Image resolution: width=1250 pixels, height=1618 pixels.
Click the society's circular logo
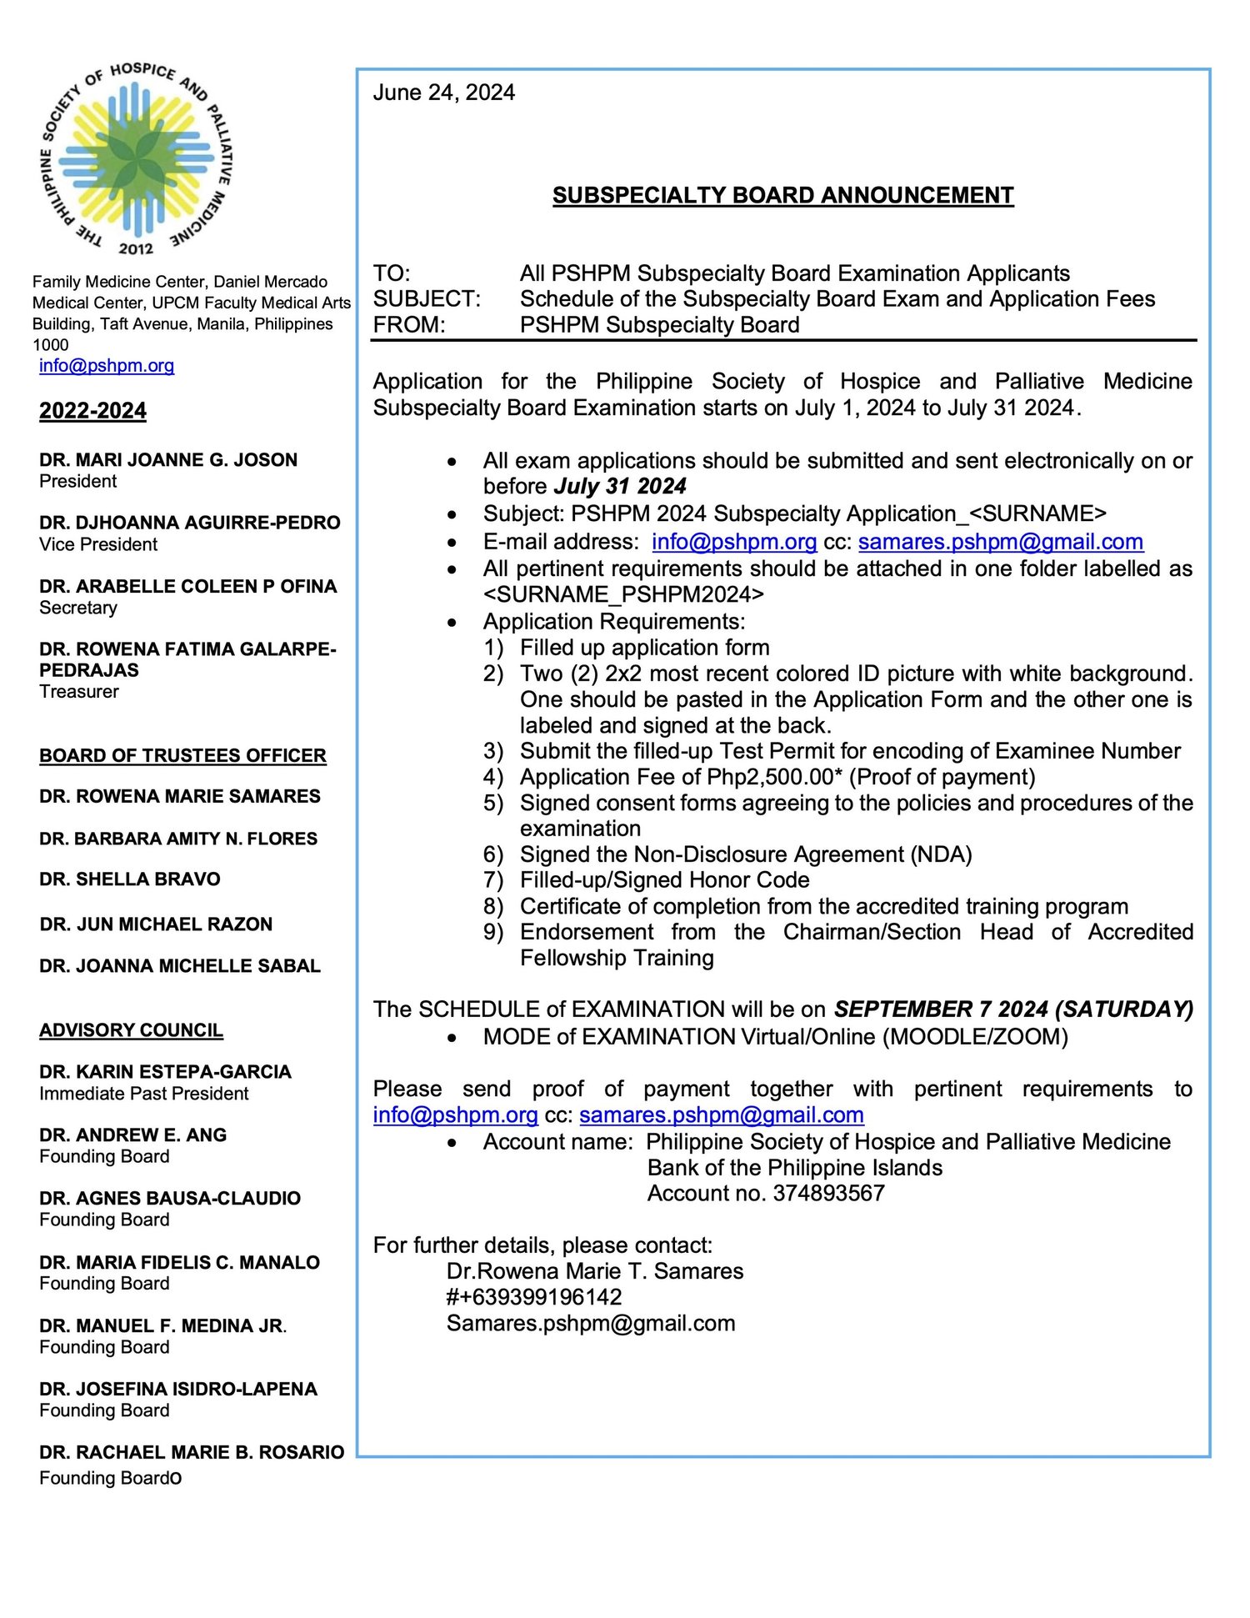[x=137, y=157]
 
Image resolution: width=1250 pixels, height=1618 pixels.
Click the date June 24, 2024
[x=443, y=93]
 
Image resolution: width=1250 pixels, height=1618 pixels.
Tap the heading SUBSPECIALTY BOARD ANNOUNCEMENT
[x=782, y=195]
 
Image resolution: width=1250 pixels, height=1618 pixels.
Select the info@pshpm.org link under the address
[x=107, y=365]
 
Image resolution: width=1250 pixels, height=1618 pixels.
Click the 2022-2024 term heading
[x=92, y=411]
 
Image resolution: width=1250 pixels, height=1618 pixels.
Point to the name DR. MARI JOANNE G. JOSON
[x=168, y=460]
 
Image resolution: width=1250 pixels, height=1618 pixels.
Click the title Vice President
[x=98, y=544]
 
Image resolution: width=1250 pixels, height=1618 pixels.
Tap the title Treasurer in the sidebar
[x=79, y=691]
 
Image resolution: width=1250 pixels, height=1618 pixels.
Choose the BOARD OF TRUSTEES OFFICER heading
[x=182, y=756]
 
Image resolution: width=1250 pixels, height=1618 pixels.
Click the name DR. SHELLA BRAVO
[x=130, y=879]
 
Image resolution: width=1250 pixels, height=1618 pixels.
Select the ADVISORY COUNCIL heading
[x=131, y=1030]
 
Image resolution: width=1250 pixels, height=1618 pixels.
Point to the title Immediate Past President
[x=144, y=1094]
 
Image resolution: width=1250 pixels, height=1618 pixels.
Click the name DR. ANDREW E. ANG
[x=132, y=1135]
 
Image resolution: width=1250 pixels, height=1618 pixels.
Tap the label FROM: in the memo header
[x=409, y=325]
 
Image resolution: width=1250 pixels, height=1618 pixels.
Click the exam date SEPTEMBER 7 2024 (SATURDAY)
[x=1013, y=1009]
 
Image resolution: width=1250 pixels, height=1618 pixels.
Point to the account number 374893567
[x=828, y=1194]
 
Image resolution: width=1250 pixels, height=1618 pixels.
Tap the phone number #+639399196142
[x=534, y=1297]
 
